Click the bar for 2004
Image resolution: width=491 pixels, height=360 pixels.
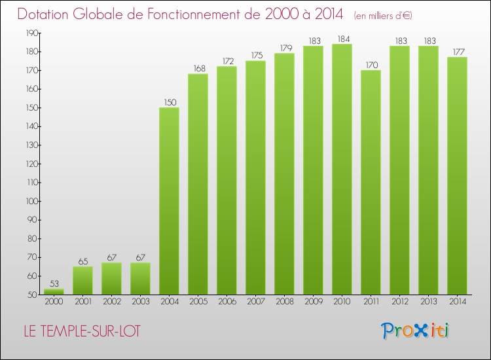(169, 201)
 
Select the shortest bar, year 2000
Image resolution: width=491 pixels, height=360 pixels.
(54, 292)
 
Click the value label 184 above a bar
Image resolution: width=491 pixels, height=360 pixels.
(342, 39)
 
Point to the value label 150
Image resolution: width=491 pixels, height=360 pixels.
(169, 103)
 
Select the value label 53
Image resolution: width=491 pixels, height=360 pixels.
(54, 284)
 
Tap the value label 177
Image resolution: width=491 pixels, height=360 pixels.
(457, 52)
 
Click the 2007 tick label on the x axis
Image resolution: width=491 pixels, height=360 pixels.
(255, 301)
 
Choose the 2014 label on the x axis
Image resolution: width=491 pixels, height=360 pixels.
(457, 301)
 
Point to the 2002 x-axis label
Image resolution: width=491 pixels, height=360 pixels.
(111, 301)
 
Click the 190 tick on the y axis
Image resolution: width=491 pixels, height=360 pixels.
(31, 33)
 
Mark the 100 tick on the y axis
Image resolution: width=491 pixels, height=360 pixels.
(31, 201)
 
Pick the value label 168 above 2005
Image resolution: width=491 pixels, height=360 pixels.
(198, 69)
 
